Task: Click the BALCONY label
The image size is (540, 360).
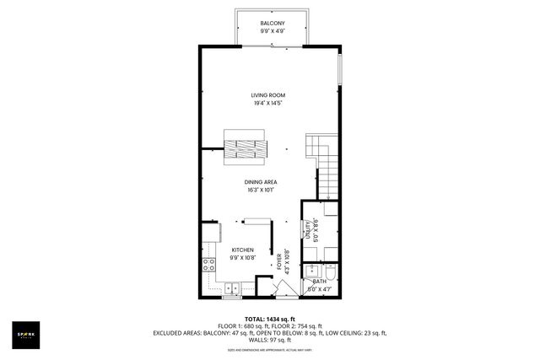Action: tap(273, 23)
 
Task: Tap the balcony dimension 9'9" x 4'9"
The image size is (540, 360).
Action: tap(273, 31)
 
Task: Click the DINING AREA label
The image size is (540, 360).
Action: tap(261, 182)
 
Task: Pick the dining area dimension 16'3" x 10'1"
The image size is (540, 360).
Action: tap(261, 191)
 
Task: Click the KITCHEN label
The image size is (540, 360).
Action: tap(243, 250)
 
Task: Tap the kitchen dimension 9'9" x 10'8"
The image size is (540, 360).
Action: tap(243, 258)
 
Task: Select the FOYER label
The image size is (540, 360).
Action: tap(279, 261)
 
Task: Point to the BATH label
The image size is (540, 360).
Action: tap(319, 281)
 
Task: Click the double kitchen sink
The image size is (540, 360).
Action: tap(229, 290)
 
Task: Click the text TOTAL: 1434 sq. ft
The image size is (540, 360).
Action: tap(269, 318)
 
